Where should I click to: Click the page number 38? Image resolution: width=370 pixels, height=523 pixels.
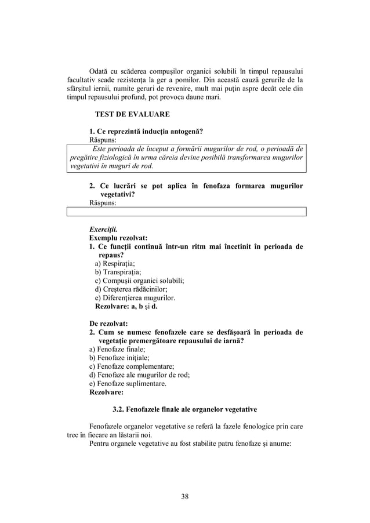[x=184, y=496]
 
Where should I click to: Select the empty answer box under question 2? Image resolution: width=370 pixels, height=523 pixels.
[x=185, y=213]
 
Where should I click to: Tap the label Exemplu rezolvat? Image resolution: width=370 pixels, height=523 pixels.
[x=118, y=238]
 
